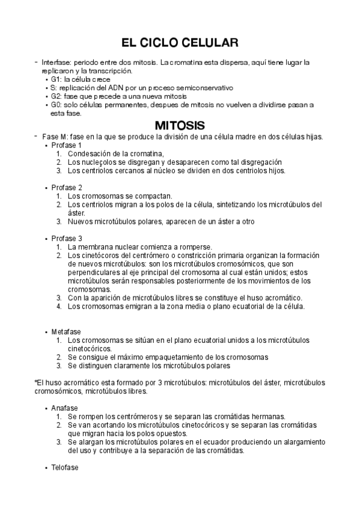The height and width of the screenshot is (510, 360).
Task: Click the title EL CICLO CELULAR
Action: click(x=180, y=43)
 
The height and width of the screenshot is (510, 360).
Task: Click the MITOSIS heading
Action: click(x=180, y=125)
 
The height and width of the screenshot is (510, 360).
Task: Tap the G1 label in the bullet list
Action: click(x=55, y=79)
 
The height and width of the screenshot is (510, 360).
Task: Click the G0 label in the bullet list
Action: click(x=55, y=104)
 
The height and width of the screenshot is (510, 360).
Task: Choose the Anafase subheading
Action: click(x=64, y=408)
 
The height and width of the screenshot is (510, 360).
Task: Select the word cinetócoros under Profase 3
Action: click(x=98, y=256)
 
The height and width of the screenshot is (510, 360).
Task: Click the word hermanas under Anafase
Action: click(x=268, y=416)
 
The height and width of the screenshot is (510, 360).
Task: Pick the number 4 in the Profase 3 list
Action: click(x=59, y=306)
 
